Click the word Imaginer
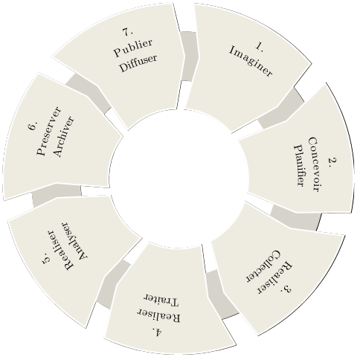click(x=251, y=61)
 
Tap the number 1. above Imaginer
click(x=260, y=47)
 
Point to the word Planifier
click(x=300, y=165)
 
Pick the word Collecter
click(x=263, y=266)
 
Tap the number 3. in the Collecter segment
click(x=286, y=289)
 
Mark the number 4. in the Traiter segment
click(x=158, y=332)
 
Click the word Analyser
click(x=75, y=240)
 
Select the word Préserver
click(x=48, y=131)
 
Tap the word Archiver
click(x=63, y=136)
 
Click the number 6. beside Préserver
click(x=33, y=126)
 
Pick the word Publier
click(x=133, y=48)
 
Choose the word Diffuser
click(x=138, y=63)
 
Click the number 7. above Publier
click(x=128, y=32)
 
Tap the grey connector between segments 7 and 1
click(x=189, y=56)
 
